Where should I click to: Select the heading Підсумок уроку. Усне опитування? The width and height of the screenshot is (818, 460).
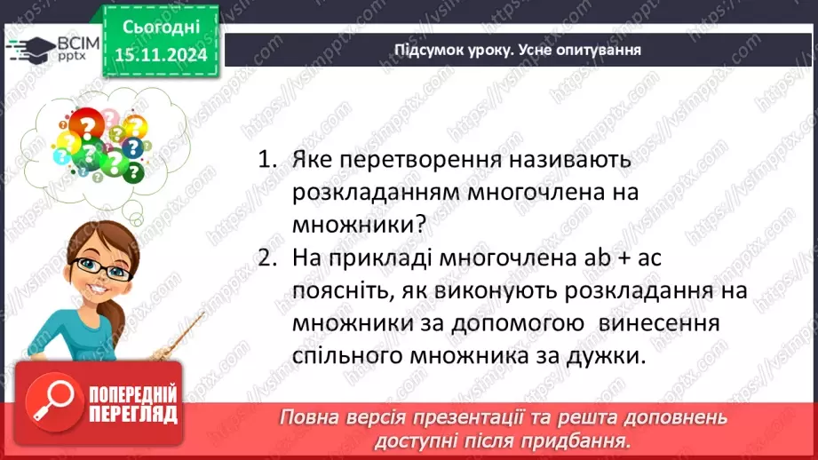[x=518, y=50]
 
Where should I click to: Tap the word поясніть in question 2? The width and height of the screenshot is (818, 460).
[x=342, y=290]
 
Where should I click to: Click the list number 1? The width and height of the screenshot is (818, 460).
[x=266, y=162]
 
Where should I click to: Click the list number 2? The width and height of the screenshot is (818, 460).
[x=266, y=258]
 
